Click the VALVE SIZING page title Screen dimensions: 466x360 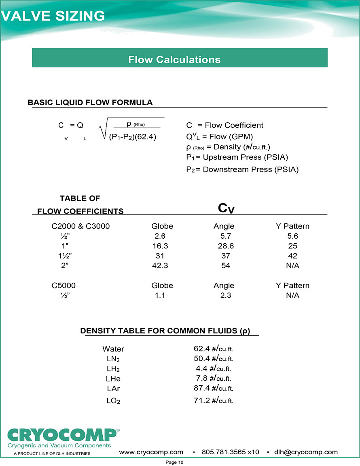click(x=53, y=16)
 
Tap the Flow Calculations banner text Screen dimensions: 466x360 click(x=174, y=59)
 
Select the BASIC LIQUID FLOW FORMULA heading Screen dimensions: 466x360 click(x=90, y=103)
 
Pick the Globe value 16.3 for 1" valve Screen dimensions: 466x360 click(x=160, y=246)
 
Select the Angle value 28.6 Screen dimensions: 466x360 click(x=225, y=246)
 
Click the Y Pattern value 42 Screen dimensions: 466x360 click(x=292, y=256)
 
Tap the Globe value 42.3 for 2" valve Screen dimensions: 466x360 click(x=160, y=266)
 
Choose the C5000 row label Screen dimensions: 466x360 click(x=64, y=286)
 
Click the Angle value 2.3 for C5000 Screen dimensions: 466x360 click(x=225, y=296)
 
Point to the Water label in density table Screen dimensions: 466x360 click(x=113, y=349)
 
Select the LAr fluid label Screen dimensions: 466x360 click(x=113, y=388)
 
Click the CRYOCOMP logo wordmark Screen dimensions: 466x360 click(x=63, y=435)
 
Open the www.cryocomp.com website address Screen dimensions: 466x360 click(x=151, y=452)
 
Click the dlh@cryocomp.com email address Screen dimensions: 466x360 click(x=306, y=452)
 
